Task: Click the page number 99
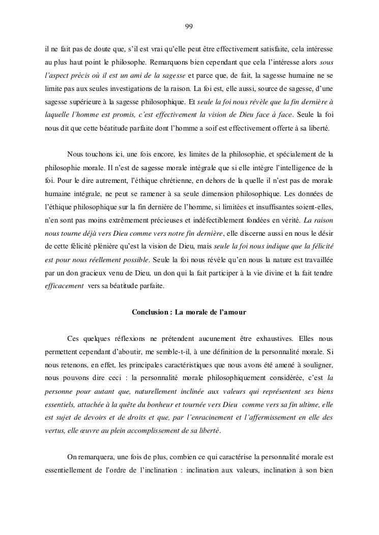pos(189,26)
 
